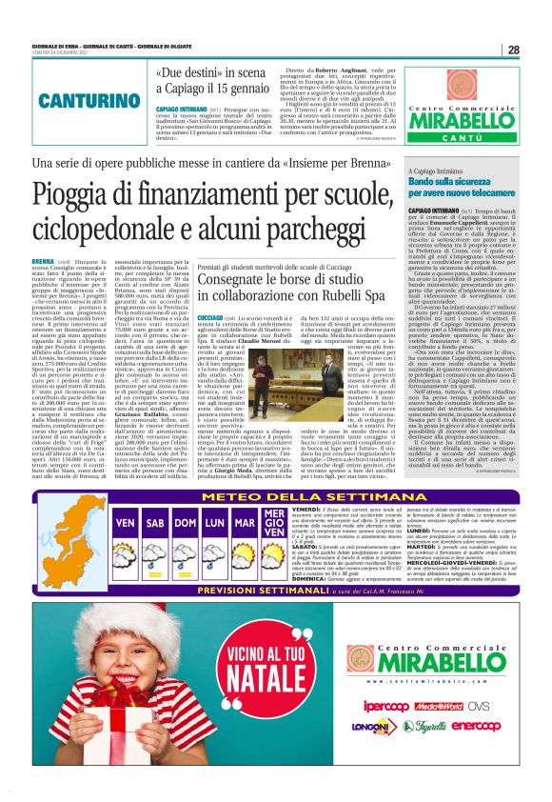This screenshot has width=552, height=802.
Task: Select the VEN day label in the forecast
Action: [x=124, y=524]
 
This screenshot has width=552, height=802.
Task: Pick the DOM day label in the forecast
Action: [x=185, y=524]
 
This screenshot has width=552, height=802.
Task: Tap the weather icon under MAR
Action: [x=245, y=550]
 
